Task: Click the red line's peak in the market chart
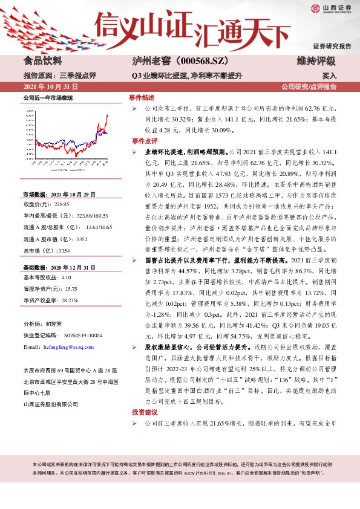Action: coord(106,114)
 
